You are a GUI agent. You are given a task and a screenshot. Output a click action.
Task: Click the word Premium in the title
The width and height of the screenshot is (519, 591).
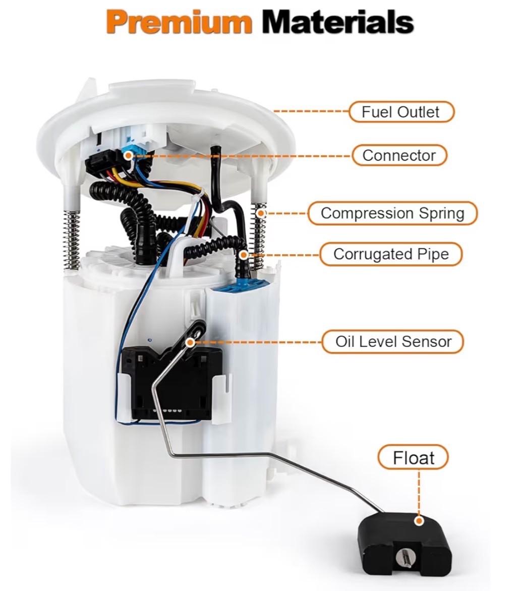179,22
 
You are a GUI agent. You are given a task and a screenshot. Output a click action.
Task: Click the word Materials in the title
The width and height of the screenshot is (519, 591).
338,22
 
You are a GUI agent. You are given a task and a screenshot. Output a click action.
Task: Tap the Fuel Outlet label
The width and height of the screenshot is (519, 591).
401,111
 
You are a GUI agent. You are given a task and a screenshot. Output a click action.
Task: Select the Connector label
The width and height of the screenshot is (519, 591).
399,155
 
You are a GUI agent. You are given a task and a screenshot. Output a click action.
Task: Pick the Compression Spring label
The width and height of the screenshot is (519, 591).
392,213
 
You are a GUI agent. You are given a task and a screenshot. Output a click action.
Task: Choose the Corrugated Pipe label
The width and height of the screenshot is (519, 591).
391,254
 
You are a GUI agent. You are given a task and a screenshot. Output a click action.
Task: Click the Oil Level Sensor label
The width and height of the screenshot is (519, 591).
393,341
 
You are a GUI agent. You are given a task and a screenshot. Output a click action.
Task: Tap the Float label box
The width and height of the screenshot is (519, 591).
414,457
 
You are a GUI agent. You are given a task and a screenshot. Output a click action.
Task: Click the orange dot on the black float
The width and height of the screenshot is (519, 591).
418,521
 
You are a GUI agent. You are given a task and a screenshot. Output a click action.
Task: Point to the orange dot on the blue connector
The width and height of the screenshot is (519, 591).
128,155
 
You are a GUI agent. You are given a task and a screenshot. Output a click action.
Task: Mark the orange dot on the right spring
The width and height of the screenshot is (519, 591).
261,213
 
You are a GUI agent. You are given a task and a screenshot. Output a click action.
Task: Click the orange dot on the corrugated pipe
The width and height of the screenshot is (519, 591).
244,255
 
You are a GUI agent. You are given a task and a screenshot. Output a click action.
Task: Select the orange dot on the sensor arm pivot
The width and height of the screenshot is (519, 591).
191,342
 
